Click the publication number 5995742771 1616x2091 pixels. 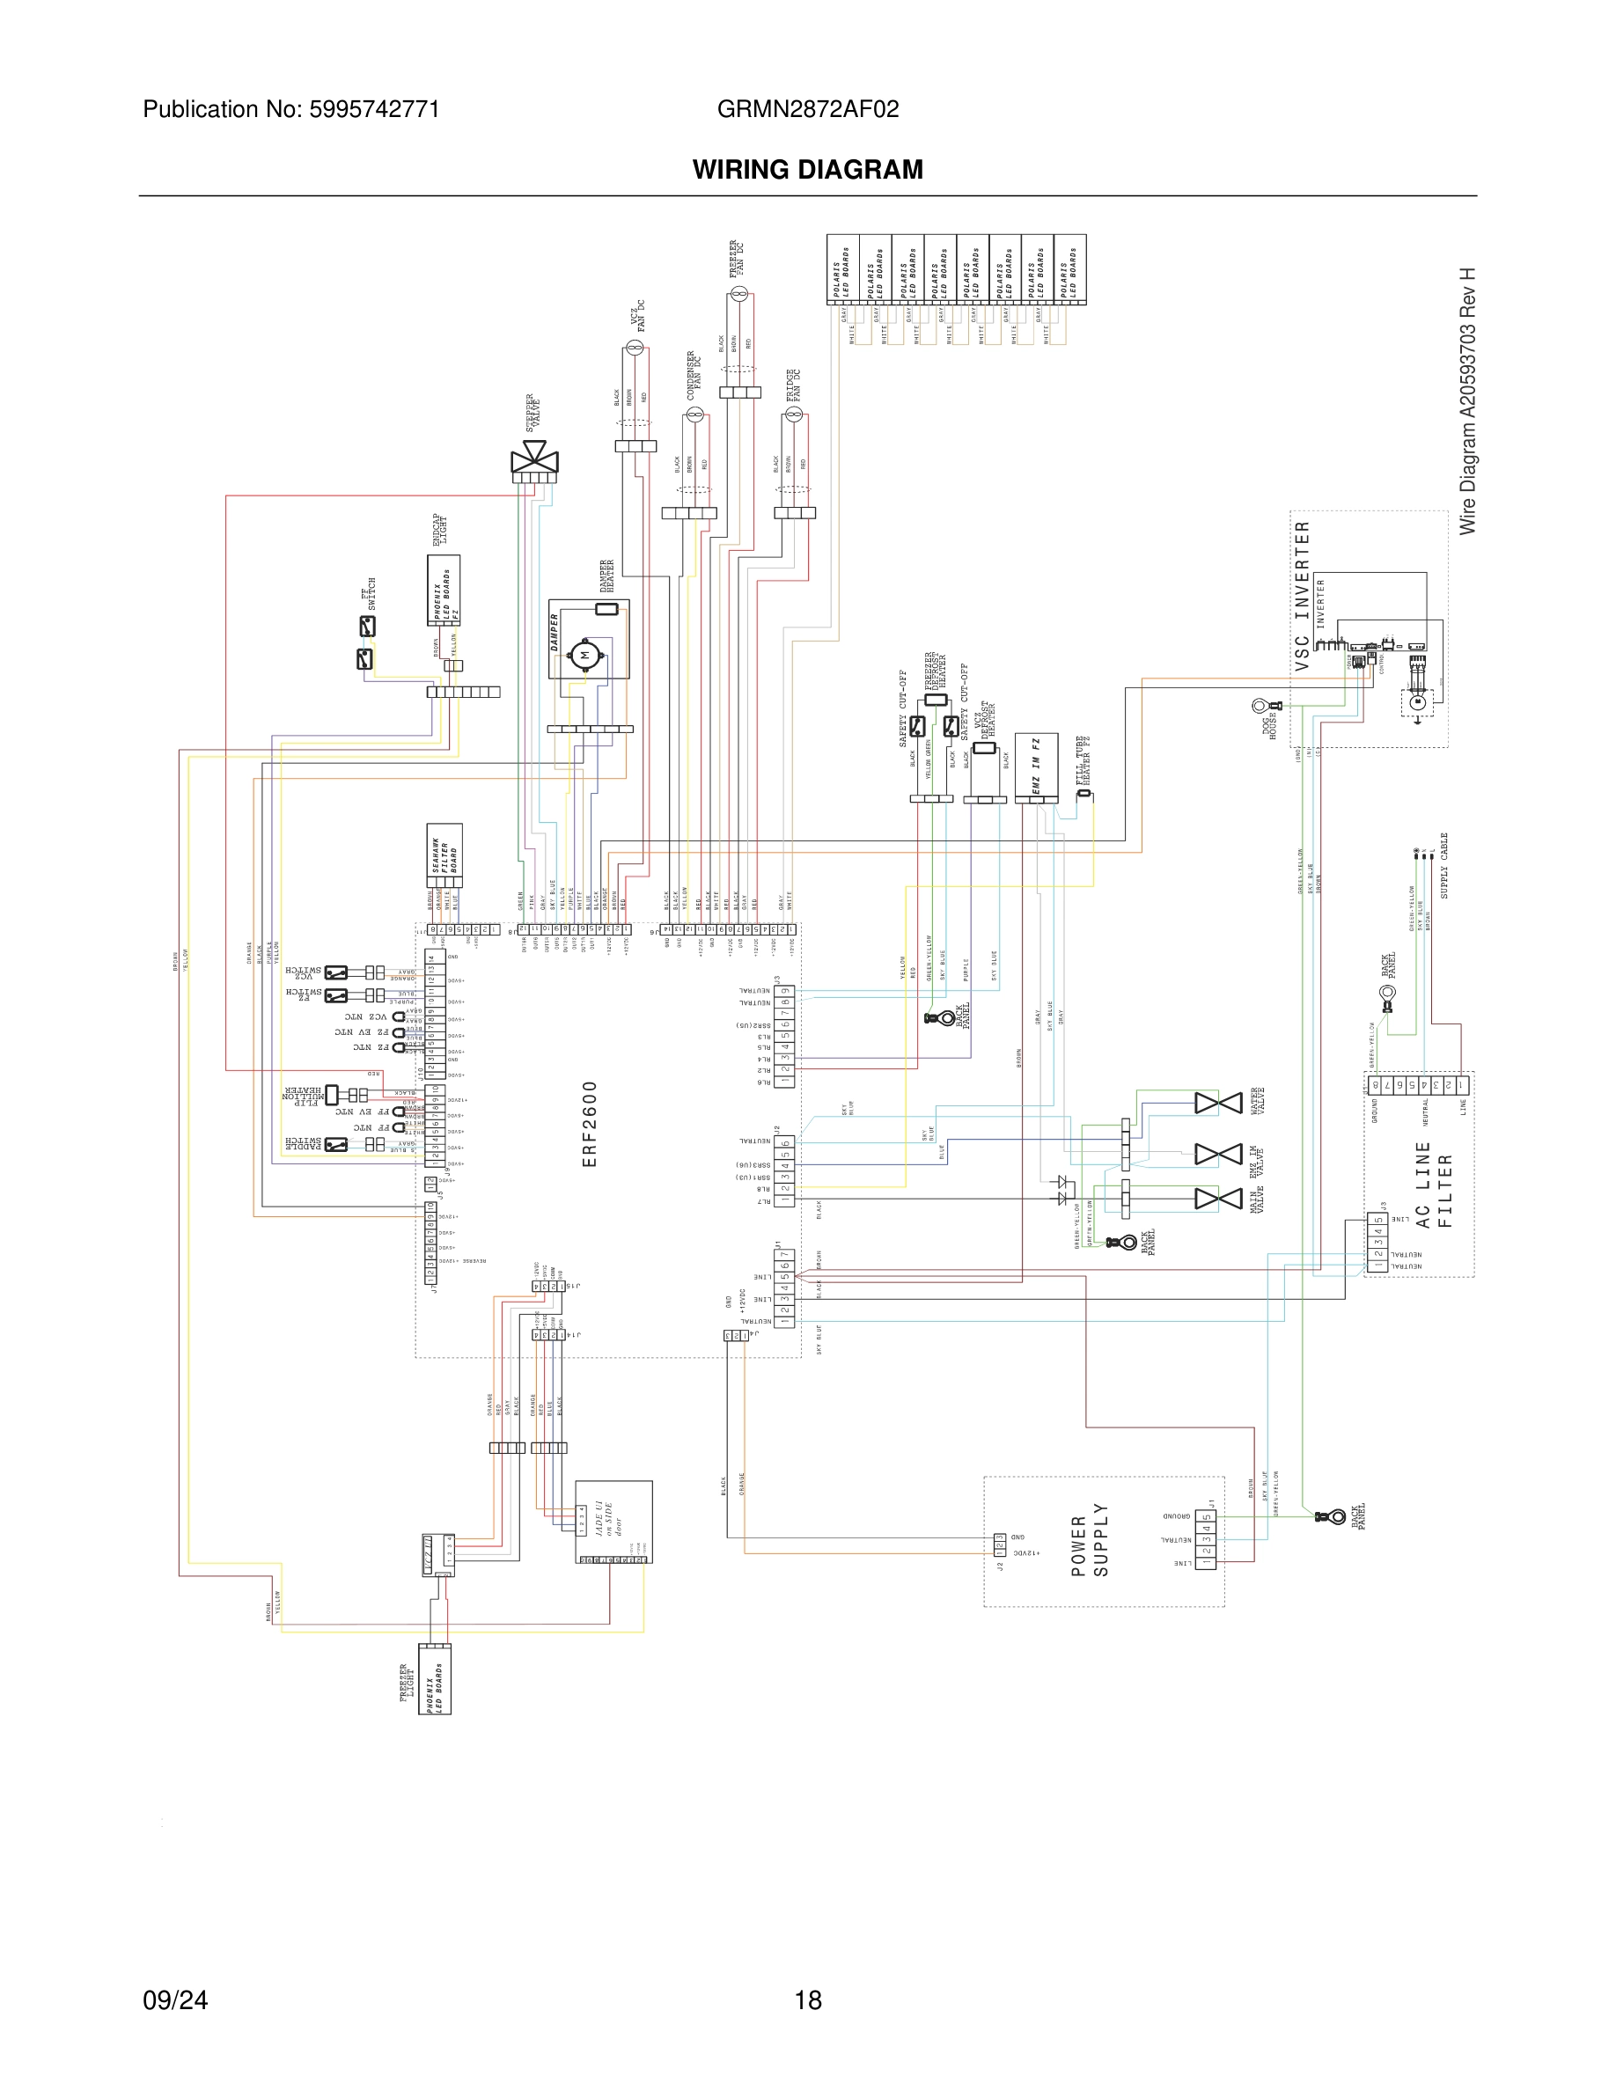tap(373, 109)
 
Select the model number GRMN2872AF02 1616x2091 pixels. tap(807, 109)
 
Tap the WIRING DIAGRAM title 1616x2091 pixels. tap(807, 170)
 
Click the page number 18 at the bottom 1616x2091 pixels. tap(807, 2000)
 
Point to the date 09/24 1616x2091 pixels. tap(175, 2000)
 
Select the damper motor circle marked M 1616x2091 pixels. tap(584, 655)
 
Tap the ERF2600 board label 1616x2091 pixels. tap(590, 1124)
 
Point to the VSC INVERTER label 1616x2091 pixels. tap(1301, 596)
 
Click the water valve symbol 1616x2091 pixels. tap(1218, 1104)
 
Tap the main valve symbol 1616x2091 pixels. tap(1218, 1199)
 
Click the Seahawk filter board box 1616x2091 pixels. tap(444, 855)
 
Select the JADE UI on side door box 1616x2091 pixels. tap(613, 1521)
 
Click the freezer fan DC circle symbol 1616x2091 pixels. tap(738, 294)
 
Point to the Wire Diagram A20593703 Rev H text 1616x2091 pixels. tap(1466, 401)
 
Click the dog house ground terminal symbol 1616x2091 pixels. tap(1260, 707)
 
